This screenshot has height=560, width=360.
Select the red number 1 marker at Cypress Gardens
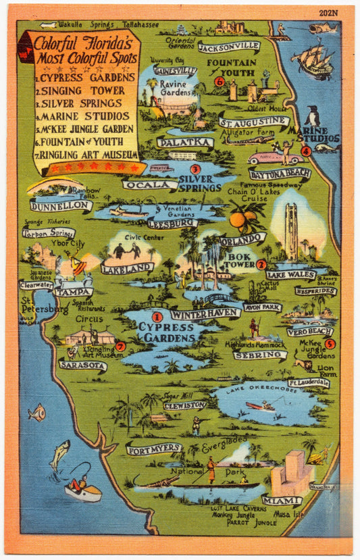click(157, 316)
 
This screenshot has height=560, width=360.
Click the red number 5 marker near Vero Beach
click(330, 344)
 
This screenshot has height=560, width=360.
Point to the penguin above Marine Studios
click(313, 116)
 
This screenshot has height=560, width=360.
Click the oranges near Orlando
click(241, 218)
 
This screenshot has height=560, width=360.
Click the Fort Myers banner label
click(153, 448)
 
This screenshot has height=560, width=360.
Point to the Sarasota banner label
click(82, 365)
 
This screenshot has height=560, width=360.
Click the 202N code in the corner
click(328, 13)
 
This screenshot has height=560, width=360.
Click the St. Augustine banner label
click(254, 123)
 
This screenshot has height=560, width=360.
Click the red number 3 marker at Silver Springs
click(195, 169)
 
